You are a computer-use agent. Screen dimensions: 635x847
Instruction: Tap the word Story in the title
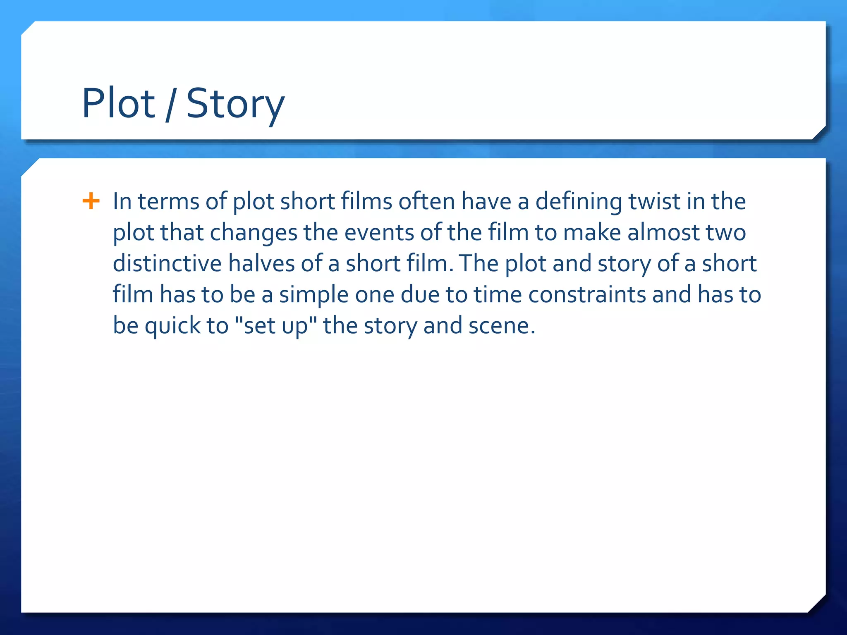click(x=235, y=104)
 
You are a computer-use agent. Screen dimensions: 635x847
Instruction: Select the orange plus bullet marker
click(x=91, y=201)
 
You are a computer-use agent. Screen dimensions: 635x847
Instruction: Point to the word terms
click(x=168, y=202)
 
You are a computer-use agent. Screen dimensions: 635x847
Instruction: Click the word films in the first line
click(x=366, y=201)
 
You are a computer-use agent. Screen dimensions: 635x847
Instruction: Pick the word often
click(x=427, y=201)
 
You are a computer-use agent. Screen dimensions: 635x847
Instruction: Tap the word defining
click(x=579, y=202)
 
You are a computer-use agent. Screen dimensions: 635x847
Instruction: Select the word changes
click(x=254, y=232)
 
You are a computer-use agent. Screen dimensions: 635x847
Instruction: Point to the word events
click(x=379, y=232)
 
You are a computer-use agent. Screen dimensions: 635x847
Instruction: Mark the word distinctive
click(x=167, y=263)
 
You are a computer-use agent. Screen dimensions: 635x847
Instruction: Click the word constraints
click(x=587, y=294)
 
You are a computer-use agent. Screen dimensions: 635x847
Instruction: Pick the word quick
click(x=172, y=326)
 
